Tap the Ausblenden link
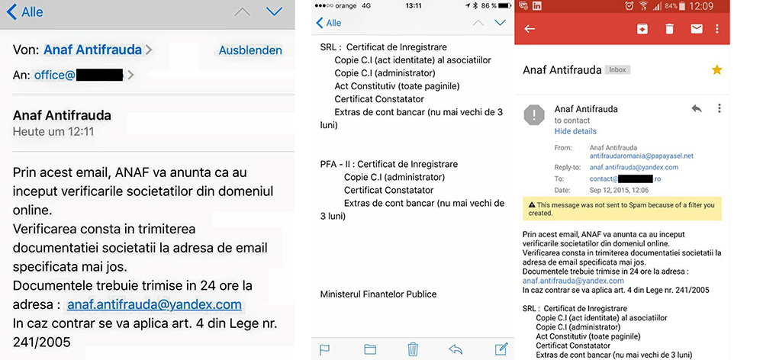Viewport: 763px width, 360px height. coord(250,50)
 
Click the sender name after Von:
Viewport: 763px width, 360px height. coord(93,50)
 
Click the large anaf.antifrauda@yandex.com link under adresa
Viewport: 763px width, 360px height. coord(154,304)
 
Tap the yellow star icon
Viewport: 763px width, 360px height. coord(716,69)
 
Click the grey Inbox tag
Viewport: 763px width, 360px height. coord(617,69)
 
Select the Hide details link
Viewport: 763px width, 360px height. coord(575,131)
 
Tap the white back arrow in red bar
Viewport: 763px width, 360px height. coord(530,29)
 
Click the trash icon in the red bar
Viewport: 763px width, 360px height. coord(669,29)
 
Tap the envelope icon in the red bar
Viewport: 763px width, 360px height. coord(696,29)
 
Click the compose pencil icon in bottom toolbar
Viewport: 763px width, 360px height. coord(501,349)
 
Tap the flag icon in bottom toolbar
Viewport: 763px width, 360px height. coord(324,349)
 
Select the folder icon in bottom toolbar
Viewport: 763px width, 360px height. coord(370,349)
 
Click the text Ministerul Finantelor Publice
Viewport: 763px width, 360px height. coord(378,294)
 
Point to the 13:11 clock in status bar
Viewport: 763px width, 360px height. coord(414,5)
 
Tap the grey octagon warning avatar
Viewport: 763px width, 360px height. coord(534,114)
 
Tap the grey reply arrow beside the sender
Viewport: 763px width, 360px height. coord(696,109)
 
